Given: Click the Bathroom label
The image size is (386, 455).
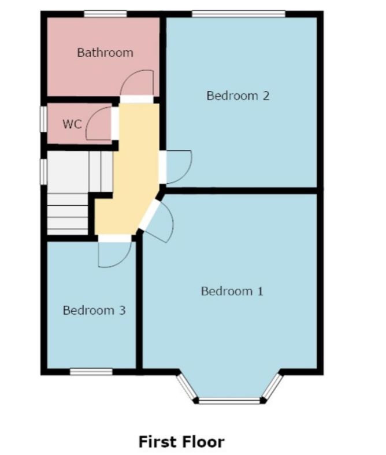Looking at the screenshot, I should pyautogui.click(x=105, y=53).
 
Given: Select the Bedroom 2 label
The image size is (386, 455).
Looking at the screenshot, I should pyautogui.click(x=238, y=95).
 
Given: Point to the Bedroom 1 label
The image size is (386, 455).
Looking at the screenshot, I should pyautogui.click(x=232, y=291).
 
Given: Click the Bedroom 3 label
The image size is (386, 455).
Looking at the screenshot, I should pyautogui.click(x=94, y=310).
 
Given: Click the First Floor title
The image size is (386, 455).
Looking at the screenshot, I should pyautogui.click(x=181, y=442).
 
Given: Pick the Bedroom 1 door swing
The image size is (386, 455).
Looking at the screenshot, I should pyautogui.click(x=161, y=223).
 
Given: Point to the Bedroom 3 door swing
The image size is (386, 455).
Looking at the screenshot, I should pyautogui.click(x=114, y=255).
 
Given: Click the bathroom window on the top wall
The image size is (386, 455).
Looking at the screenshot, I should pyautogui.click(x=105, y=14).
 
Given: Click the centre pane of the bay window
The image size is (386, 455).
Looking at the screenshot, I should pyautogui.click(x=230, y=400).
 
